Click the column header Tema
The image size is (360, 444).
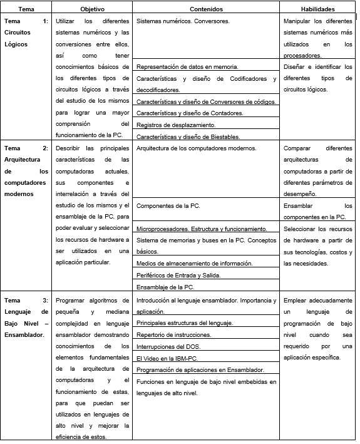coord(26,9)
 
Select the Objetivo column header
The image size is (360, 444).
coord(93,9)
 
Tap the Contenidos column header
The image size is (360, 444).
coord(206,9)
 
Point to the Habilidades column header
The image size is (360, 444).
coord(317,9)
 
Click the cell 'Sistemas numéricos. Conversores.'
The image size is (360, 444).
coord(183,21)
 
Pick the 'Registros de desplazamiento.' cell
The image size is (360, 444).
coord(176,125)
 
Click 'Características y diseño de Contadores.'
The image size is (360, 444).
coord(190,113)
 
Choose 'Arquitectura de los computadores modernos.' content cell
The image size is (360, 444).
coord(196,148)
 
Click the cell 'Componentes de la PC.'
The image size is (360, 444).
coord(168,205)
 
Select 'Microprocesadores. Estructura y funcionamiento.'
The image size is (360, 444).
coord(202,229)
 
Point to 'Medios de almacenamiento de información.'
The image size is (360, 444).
coord(194,264)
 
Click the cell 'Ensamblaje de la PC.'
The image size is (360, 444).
coord(165,287)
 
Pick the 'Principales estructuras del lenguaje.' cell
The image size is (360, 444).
coord(185,323)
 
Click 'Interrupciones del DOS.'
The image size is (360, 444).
coord(169,346)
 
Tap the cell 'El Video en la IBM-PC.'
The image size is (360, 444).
coord(166,358)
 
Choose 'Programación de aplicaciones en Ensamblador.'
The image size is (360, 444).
coord(200,370)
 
